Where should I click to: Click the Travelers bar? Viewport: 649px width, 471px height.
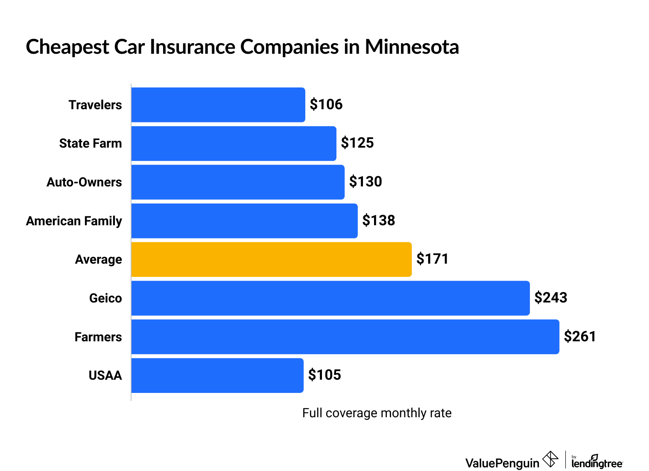coord(218,105)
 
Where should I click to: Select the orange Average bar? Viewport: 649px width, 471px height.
coord(271,259)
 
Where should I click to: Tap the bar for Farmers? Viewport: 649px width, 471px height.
coord(345,337)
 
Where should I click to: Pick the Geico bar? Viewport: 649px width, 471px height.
coord(330,298)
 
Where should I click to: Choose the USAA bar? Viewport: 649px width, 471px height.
coord(217,375)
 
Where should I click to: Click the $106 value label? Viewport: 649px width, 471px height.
coord(326,105)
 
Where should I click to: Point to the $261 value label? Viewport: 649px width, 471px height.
coord(580,337)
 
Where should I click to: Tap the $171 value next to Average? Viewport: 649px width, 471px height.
coord(433,259)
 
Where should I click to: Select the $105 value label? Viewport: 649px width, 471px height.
coord(324,375)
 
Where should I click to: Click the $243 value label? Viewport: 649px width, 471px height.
coord(551,298)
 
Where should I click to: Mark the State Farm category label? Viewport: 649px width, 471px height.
coord(91,143)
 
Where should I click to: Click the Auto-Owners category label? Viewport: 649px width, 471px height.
coord(84,182)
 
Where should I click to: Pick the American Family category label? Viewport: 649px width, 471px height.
coord(74,221)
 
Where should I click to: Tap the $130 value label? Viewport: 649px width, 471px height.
coord(365,182)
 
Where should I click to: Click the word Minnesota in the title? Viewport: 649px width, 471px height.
coord(412,47)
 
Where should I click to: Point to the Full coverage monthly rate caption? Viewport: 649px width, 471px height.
coord(377,413)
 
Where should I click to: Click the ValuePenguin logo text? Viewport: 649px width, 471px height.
coord(502,463)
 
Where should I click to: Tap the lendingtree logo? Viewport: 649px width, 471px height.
coord(597,462)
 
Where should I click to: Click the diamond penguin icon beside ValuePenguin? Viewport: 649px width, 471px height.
coord(550,459)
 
